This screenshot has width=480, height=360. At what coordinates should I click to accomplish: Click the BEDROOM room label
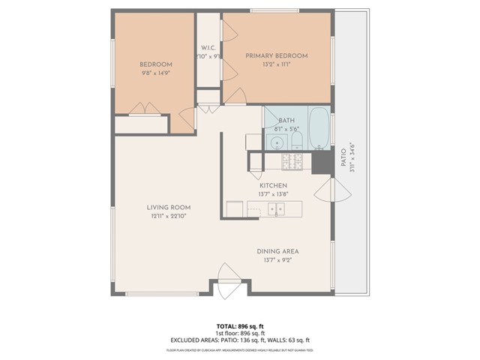click(x=157, y=64)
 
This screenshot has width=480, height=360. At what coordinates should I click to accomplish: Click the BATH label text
click(x=286, y=120)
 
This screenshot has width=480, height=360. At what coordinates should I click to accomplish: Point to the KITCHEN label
click(x=273, y=185)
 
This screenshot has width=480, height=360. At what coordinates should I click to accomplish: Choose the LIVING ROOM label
click(x=168, y=208)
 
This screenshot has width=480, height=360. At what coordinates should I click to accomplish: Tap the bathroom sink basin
click(x=277, y=142)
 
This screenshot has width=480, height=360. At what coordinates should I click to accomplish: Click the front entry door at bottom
click(x=227, y=277)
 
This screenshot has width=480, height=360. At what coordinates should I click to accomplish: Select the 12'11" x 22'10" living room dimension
click(x=168, y=217)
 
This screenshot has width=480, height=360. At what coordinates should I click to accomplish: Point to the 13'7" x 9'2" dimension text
click(x=277, y=260)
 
